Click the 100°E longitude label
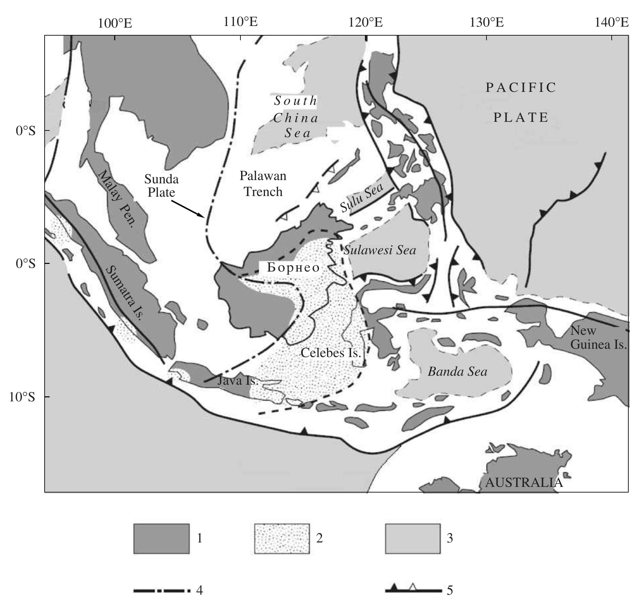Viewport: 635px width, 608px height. click(115, 23)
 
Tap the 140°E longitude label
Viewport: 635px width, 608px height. click(612, 23)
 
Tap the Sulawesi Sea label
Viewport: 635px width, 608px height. click(380, 250)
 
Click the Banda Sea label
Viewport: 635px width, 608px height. click(457, 372)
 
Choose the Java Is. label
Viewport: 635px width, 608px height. click(238, 380)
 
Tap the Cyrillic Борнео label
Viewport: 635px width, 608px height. click(293, 268)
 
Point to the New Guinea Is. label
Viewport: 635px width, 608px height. click(598, 337)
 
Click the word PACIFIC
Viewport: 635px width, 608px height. click(521, 88)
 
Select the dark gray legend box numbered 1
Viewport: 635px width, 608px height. click(161, 539)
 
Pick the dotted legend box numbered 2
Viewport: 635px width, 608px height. click(282, 539)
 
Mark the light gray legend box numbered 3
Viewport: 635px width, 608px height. click(413, 539)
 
